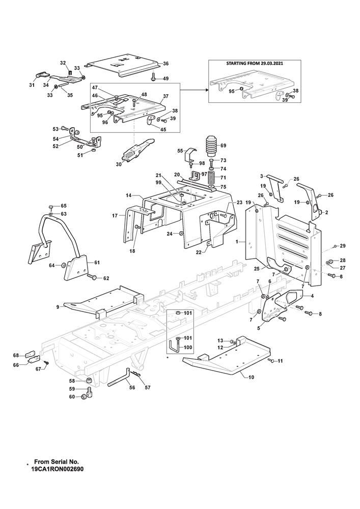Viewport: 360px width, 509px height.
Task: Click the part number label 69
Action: [x=223, y=146]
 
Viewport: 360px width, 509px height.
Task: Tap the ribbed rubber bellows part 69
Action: [x=211, y=147]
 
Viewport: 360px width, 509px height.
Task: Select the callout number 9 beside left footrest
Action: [x=58, y=306]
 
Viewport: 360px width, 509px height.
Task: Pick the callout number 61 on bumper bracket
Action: [x=97, y=262]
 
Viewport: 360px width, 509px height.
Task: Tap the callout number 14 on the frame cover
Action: [x=129, y=195]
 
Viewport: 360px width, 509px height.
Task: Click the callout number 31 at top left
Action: [x=32, y=85]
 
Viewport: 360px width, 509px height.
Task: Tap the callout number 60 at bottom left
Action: [x=71, y=397]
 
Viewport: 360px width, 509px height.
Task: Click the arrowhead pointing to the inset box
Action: [x=207, y=90]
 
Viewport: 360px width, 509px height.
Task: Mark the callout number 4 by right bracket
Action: [x=312, y=295]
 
